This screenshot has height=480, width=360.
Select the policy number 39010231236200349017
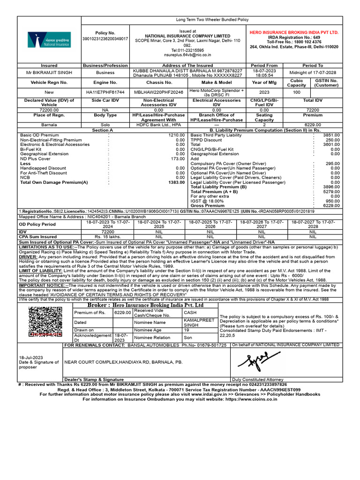[105, 38]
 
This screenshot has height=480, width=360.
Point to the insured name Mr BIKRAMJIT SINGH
[49, 73]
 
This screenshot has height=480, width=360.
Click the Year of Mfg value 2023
[264, 92]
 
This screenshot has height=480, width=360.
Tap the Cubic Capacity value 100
[296, 92]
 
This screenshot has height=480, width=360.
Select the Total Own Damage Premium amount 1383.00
[176, 182]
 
